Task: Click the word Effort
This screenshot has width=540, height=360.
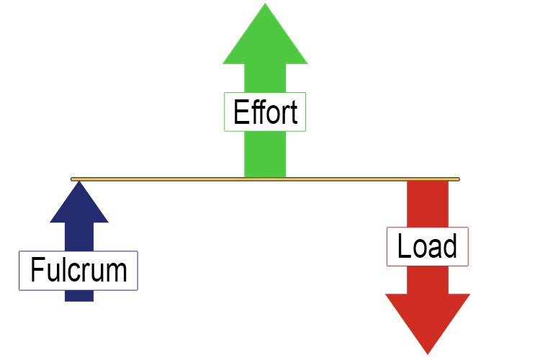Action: [265, 113]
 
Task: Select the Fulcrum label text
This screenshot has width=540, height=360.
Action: [78, 271]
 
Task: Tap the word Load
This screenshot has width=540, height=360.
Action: [427, 247]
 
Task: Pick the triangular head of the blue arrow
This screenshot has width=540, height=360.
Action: [79, 205]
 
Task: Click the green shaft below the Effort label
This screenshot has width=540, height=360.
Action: [265, 154]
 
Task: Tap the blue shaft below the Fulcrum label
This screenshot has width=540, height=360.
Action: [79, 295]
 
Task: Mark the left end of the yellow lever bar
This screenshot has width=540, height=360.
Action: [73, 179]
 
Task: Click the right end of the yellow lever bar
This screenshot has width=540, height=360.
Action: [456, 179]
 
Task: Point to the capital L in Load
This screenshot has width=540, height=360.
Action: [404, 247]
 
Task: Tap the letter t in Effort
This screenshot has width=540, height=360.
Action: [293, 113]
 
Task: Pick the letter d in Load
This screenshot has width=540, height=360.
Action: [449, 247]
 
